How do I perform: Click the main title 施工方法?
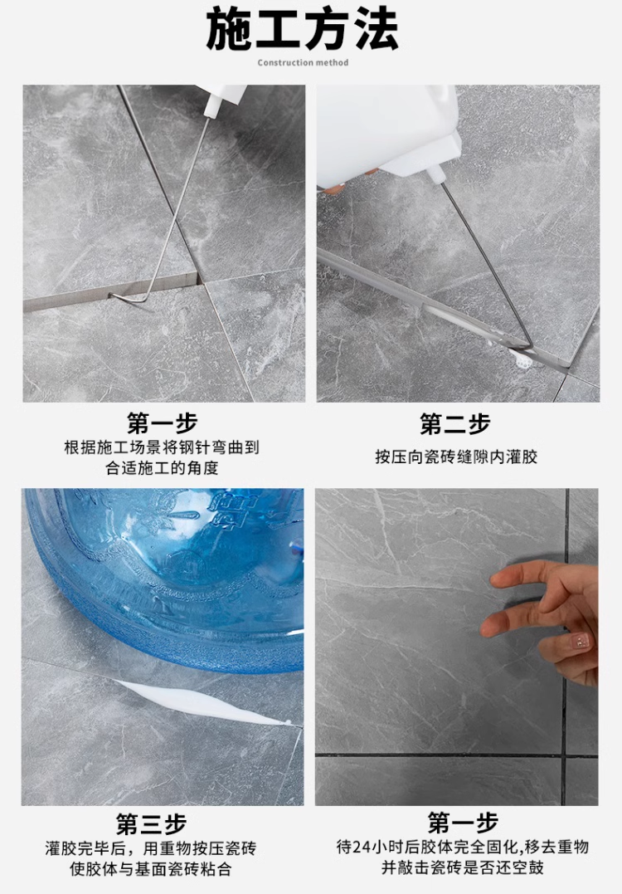(x=302, y=28)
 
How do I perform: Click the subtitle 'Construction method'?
(x=303, y=63)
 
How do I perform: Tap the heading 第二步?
(x=455, y=423)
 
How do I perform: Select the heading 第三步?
(x=152, y=824)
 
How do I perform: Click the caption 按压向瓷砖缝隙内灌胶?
(x=456, y=457)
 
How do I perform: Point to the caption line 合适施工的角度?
(x=163, y=468)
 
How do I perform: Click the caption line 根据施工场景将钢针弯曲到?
(x=162, y=447)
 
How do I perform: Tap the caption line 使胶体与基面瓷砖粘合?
(x=151, y=869)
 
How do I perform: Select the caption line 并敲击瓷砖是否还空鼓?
(x=463, y=867)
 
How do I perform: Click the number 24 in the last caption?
(x=362, y=848)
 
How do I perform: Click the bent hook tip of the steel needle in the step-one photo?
(x=112, y=296)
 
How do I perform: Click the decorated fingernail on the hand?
(x=580, y=642)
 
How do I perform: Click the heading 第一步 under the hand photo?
(x=463, y=823)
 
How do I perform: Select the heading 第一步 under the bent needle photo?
(x=163, y=423)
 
